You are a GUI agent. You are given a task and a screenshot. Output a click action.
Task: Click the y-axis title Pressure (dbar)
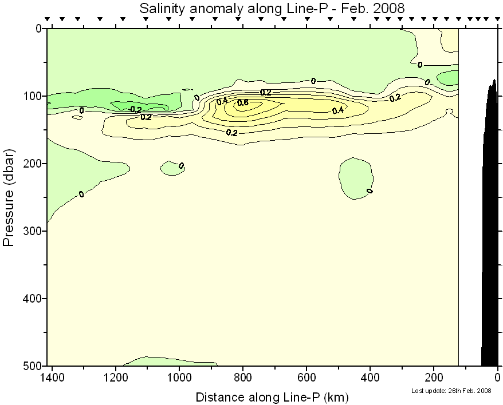click(9, 197)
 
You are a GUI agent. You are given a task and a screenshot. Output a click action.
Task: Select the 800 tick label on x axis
click(243, 378)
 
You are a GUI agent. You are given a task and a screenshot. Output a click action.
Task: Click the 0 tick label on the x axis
click(497, 378)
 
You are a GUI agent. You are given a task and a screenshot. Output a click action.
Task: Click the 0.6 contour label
click(242, 103)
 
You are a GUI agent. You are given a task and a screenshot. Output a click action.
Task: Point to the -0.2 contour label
click(135, 109)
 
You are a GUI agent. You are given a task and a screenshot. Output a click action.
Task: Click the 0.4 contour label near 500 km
click(337, 110)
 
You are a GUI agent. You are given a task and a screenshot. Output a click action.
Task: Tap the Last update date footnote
click(451, 391)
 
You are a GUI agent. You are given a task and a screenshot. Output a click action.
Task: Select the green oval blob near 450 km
click(355, 177)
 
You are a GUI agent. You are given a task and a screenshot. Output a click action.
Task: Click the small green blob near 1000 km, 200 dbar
click(171, 168)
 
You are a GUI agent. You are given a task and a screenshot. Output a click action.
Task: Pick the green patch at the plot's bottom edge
click(172, 362)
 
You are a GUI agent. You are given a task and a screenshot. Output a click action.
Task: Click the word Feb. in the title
click(351, 9)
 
